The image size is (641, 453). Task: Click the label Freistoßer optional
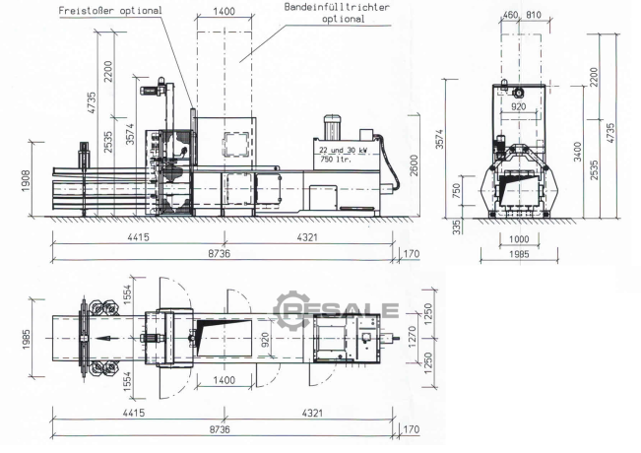(110, 11)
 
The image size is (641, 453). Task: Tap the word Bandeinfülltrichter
(337, 7)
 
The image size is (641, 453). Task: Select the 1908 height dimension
(26, 181)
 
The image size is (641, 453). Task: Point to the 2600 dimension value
(415, 165)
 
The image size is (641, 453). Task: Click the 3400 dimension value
(577, 152)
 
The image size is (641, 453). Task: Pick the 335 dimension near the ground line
(457, 226)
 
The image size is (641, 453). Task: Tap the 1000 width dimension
(519, 238)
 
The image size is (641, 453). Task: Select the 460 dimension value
(510, 15)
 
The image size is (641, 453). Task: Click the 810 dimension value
(534, 15)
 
